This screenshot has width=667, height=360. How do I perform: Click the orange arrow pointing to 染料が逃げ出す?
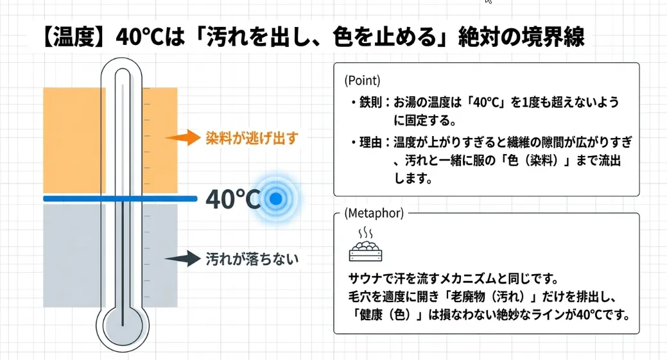(184, 137)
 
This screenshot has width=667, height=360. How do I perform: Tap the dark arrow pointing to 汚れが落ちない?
(184, 259)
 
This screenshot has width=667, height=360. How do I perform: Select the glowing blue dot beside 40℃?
(275, 200)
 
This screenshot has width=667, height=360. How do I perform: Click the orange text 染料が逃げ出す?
(251, 138)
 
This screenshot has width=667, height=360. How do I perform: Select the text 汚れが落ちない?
(252, 259)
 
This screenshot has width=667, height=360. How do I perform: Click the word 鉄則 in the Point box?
(370, 103)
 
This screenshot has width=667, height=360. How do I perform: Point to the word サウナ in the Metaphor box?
(365, 280)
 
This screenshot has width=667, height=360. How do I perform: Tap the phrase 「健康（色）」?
(388, 315)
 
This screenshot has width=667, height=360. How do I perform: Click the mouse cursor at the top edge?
(488, 2)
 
